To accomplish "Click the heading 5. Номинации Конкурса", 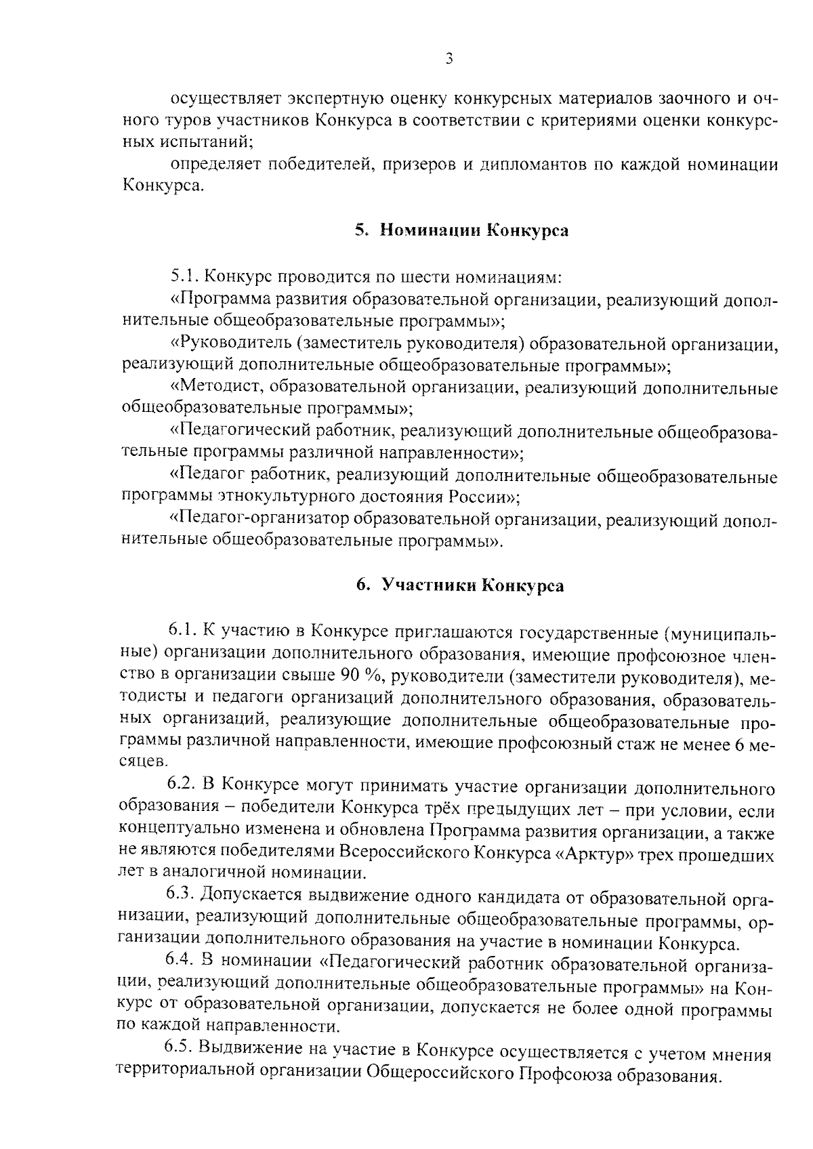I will coord(461,230).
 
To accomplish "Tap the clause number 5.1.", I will coord(184,277).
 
